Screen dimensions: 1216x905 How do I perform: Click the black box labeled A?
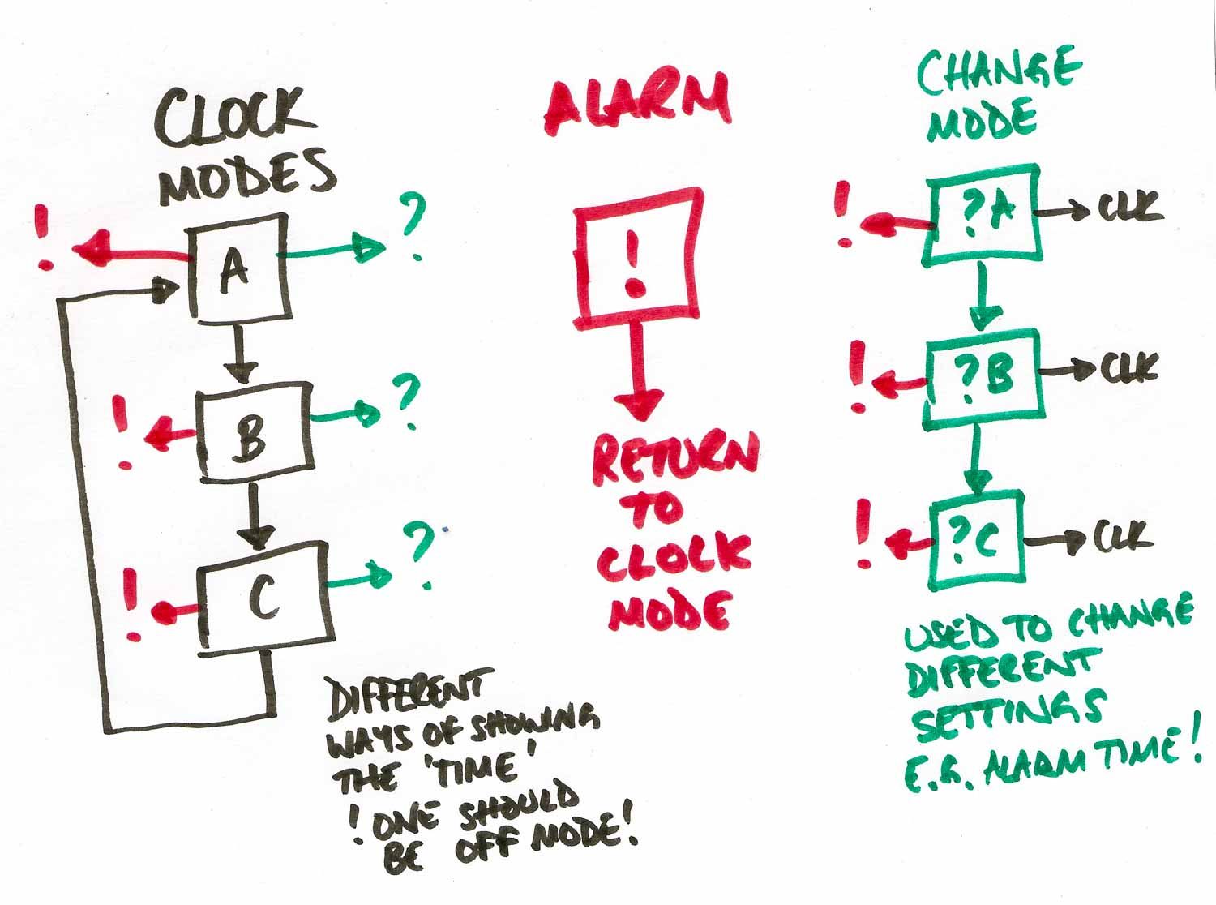click(238, 267)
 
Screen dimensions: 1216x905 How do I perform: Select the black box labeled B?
click(255, 431)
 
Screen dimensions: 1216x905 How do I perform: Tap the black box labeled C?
click(265, 598)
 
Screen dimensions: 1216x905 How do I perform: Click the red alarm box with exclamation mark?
click(638, 258)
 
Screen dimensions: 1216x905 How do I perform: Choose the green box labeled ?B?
click(983, 379)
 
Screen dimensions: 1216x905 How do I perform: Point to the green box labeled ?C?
click(978, 540)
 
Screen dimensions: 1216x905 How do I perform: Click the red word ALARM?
click(638, 102)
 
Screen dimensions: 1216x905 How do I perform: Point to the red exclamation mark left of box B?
click(122, 432)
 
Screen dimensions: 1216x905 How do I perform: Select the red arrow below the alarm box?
click(638, 371)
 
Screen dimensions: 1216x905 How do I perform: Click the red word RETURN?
click(676, 461)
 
